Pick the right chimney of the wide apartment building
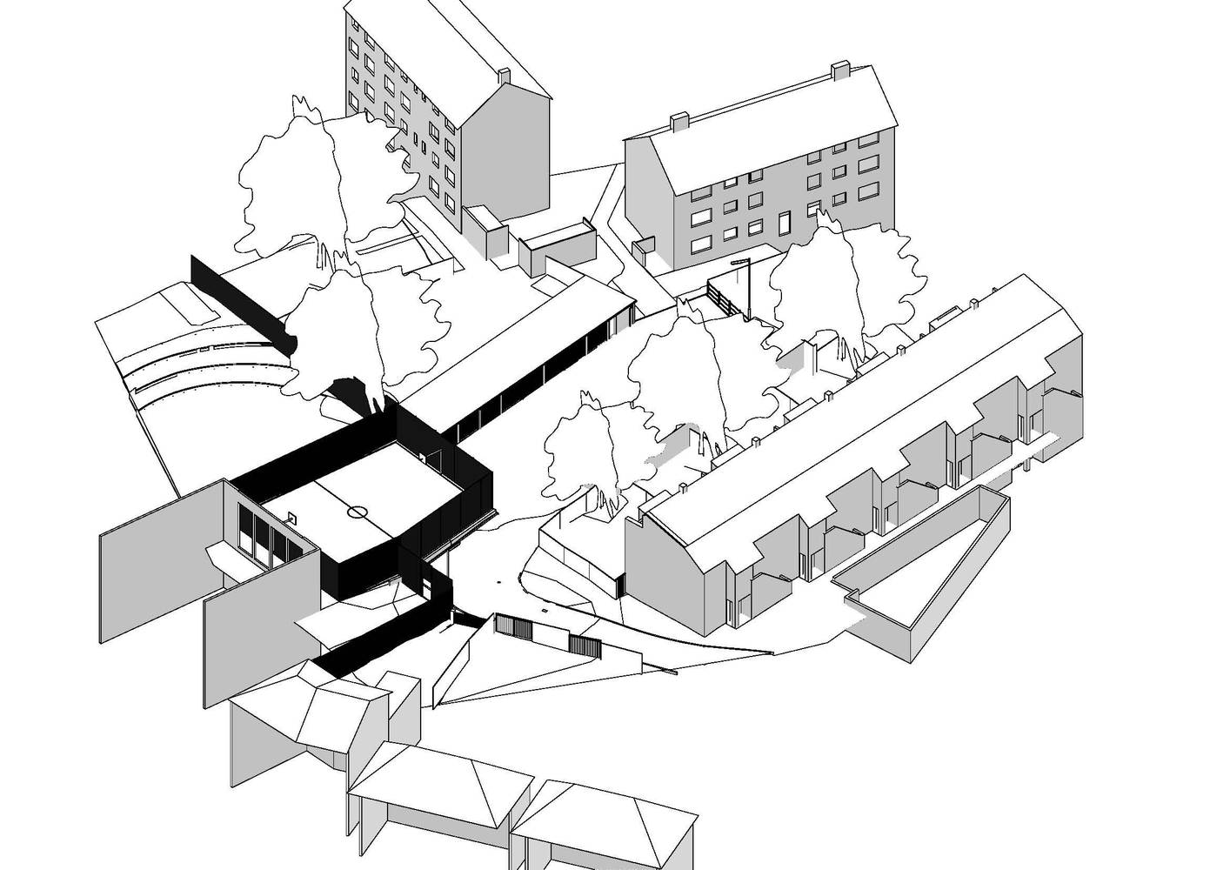point(840,70)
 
